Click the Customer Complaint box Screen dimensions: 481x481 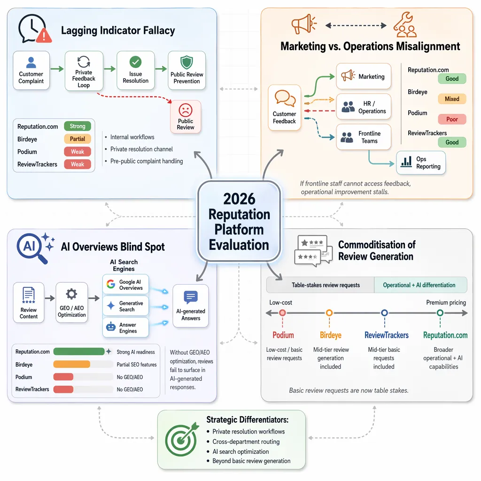31,70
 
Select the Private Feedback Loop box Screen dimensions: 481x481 84,71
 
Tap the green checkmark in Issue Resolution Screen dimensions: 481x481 135,62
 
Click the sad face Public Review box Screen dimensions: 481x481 186,116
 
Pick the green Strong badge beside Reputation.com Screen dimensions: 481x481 78,126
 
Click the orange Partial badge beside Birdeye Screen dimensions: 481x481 78,139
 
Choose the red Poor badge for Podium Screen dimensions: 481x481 452,119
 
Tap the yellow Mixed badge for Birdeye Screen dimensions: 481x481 452,99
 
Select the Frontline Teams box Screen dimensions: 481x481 364,137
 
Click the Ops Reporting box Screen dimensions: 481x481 421,163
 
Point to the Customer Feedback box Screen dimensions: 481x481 284,108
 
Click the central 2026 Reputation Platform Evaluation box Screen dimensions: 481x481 239,221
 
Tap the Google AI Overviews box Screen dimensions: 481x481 125,284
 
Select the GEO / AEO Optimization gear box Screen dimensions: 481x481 72,303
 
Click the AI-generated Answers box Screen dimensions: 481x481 191,306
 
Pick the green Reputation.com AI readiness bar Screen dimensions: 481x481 79,351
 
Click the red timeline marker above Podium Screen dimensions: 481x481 282,313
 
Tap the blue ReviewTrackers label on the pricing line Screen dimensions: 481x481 387,335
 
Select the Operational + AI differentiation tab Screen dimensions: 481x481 419,285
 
